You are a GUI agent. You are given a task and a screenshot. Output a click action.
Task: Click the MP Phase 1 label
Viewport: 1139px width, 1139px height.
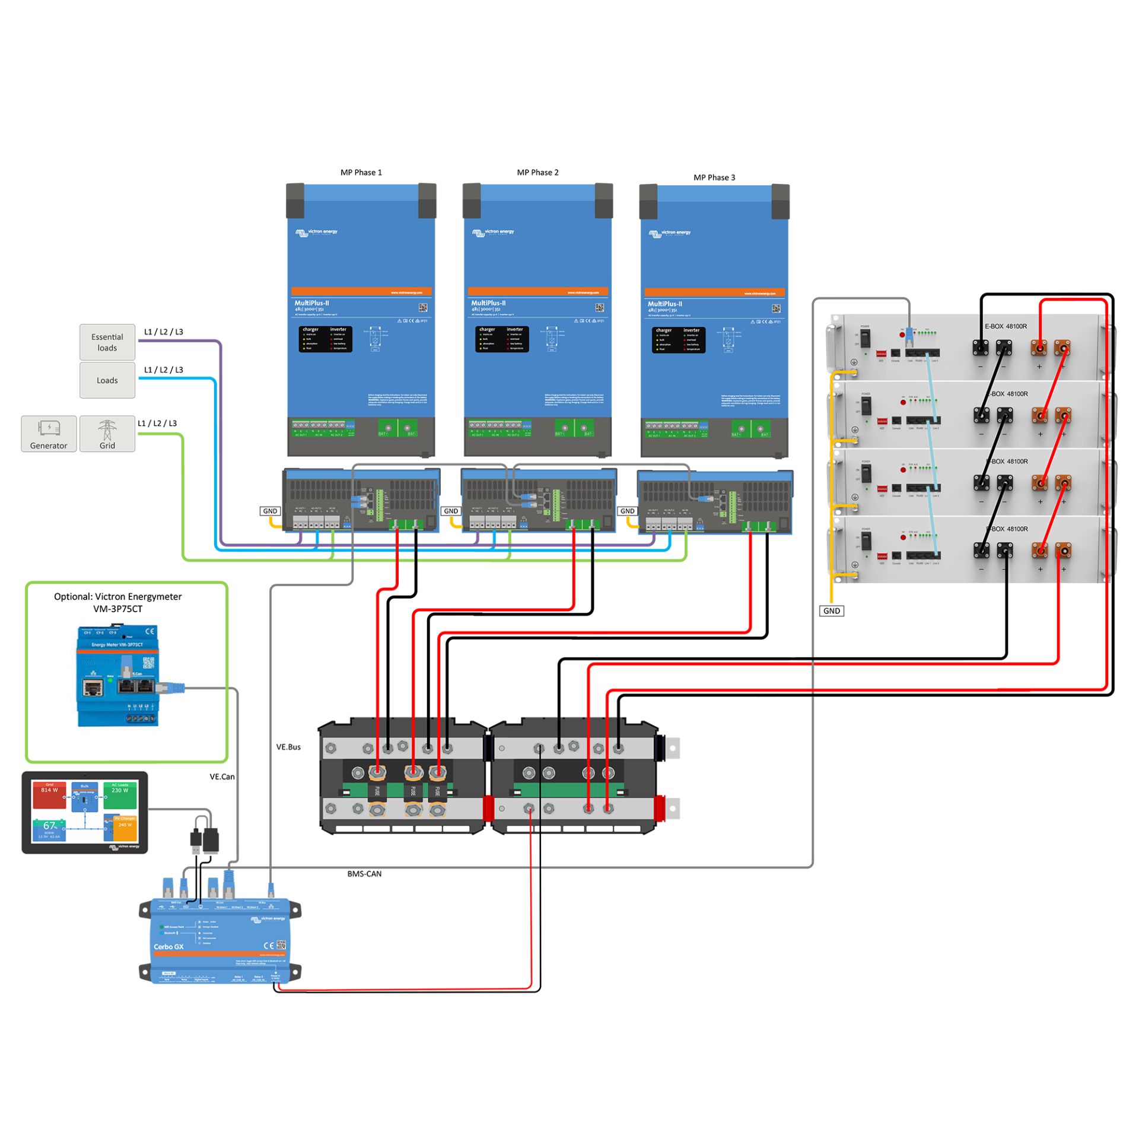pyautogui.click(x=361, y=173)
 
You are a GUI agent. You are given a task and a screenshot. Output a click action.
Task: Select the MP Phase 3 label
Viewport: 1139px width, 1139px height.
pyautogui.click(x=714, y=177)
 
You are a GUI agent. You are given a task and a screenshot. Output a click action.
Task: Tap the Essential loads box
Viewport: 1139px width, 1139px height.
pyautogui.click(x=107, y=342)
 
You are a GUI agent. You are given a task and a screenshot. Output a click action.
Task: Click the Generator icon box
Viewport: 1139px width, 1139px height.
pyautogui.click(x=49, y=434)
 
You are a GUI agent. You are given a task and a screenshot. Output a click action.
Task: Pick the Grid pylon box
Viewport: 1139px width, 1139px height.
pyautogui.click(x=107, y=434)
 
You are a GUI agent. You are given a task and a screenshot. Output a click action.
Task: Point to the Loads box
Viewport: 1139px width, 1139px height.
pyautogui.click(x=107, y=380)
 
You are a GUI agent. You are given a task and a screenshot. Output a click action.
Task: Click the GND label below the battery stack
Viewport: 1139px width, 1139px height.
pyautogui.click(x=831, y=610)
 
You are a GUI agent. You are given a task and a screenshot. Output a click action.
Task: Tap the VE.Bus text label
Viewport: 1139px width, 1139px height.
pyautogui.click(x=288, y=747)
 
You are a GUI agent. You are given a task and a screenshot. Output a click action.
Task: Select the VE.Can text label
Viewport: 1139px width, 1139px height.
pyautogui.click(x=222, y=777)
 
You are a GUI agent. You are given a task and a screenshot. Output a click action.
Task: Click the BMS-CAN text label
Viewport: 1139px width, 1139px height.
pyautogui.click(x=364, y=874)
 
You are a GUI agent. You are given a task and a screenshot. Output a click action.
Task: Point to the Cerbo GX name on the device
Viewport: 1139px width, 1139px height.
pyautogui.click(x=168, y=947)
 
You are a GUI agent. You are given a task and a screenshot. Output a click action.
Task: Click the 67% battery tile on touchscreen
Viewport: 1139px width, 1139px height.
pyautogui.click(x=49, y=827)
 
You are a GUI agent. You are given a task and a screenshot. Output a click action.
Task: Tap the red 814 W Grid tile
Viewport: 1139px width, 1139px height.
pyautogui.click(x=49, y=796)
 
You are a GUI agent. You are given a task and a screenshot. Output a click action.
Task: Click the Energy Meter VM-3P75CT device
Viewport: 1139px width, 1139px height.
pyautogui.click(x=118, y=676)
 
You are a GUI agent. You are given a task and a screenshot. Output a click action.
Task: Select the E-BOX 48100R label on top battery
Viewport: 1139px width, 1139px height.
pyautogui.click(x=1006, y=326)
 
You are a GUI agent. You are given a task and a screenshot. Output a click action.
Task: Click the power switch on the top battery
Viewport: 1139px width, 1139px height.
pyautogui.click(x=866, y=339)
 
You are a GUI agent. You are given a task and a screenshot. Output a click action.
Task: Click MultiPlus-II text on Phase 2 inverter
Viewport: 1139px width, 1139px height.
pyautogui.click(x=488, y=303)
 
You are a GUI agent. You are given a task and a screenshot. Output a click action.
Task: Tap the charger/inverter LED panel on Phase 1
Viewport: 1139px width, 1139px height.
pyautogui.click(x=325, y=339)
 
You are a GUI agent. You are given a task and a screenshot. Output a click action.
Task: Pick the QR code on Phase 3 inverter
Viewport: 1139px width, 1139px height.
pyautogui.click(x=776, y=308)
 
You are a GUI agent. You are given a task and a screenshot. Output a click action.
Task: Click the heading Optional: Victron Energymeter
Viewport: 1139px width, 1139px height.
pyautogui.click(x=118, y=596)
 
